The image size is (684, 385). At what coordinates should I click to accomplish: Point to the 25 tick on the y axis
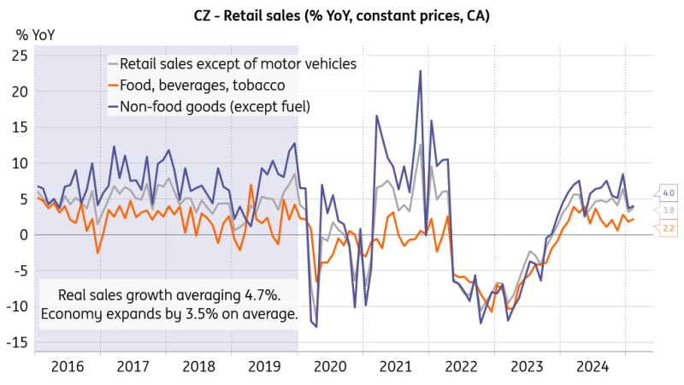[20, 56]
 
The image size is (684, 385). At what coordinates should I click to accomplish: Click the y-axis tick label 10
[20, 163]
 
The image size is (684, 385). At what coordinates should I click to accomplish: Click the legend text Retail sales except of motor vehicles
[239, 64]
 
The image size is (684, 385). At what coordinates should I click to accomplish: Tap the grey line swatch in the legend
[112, 64]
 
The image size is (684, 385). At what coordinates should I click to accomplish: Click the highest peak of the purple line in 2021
[421, 71]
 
